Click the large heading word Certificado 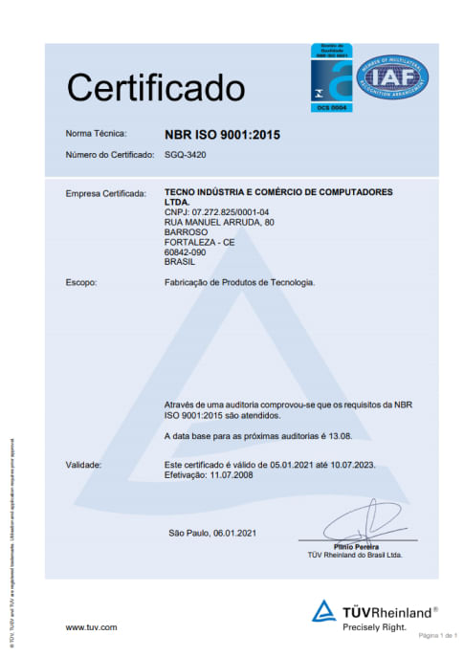tap(155, 88)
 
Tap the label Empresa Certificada tap(105, 193)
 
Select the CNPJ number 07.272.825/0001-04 tap(217, 211)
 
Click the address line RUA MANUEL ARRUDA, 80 tap(220, 222)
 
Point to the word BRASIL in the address tap(181, 260)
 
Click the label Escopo tap(81, 283)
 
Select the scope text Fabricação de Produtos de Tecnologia tap(240, 283)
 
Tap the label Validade tap(84, 464)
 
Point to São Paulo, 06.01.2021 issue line tap(211, 533)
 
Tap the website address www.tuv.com tap(91, 627)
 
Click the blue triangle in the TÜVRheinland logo tap(324, 610)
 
